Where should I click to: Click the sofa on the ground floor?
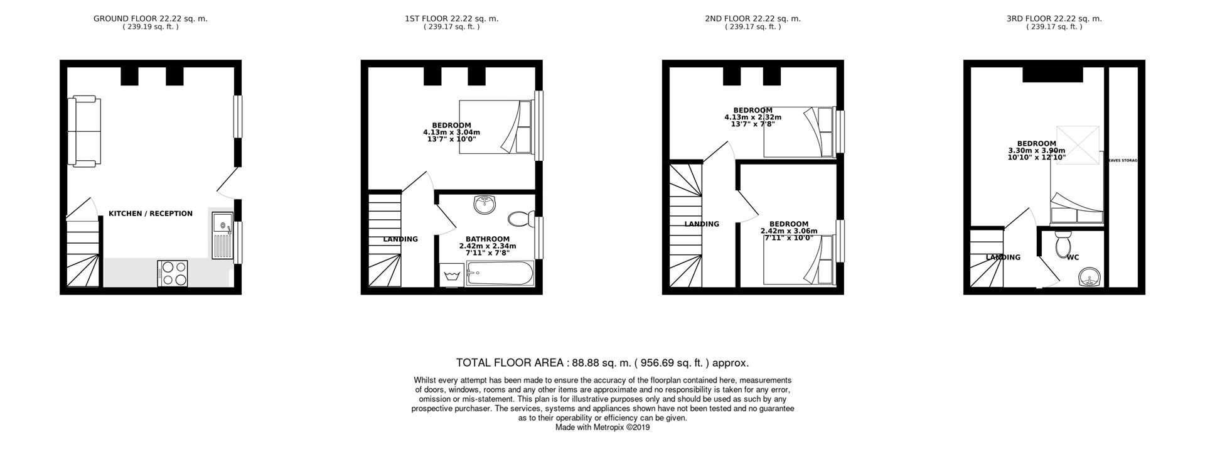pyautogui.click(x=85, y=131)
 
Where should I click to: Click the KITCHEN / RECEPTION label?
pyautogui.click(x=151, y=214)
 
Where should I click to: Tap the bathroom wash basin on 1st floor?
pyautogui.click(x=485, y=204)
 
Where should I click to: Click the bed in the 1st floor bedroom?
pyautogui.click(x=496, y=126)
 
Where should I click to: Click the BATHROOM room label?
pyautogui.click(x=487, y=239)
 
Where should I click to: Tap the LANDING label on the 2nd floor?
pyautogui.click(x=702, y=224)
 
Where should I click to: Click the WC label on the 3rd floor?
pyautogui.click(x=1073, y=257)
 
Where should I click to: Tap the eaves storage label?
pyautogui.click(x=1123, y=161)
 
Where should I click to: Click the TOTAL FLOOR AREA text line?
pyautogui.click(x=602, y=362)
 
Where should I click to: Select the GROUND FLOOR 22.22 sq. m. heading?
pyautogui.click(x=150, y=19)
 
